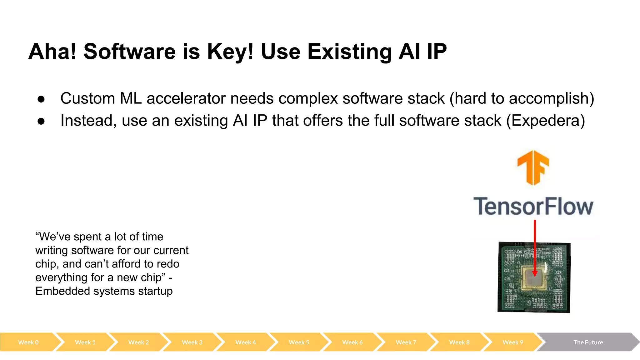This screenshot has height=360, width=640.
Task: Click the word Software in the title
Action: (129, 52)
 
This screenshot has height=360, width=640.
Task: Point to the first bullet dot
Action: (41, 99)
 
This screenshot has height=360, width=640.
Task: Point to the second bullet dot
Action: (41, 122)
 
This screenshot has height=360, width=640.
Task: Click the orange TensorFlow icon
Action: (533, 167)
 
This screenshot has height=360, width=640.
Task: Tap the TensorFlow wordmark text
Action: (533, 207)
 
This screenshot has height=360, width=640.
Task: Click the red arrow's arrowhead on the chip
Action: (535, 273)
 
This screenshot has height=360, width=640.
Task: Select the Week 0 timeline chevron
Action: (28, 342)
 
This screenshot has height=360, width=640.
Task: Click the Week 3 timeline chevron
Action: (192, 342)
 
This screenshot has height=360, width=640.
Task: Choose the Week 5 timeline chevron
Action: (299, 342)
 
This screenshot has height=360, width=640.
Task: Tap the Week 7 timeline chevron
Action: (406, 342)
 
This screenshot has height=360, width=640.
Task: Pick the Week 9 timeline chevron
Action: (512, 342)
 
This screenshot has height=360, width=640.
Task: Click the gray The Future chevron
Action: (588, 342)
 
